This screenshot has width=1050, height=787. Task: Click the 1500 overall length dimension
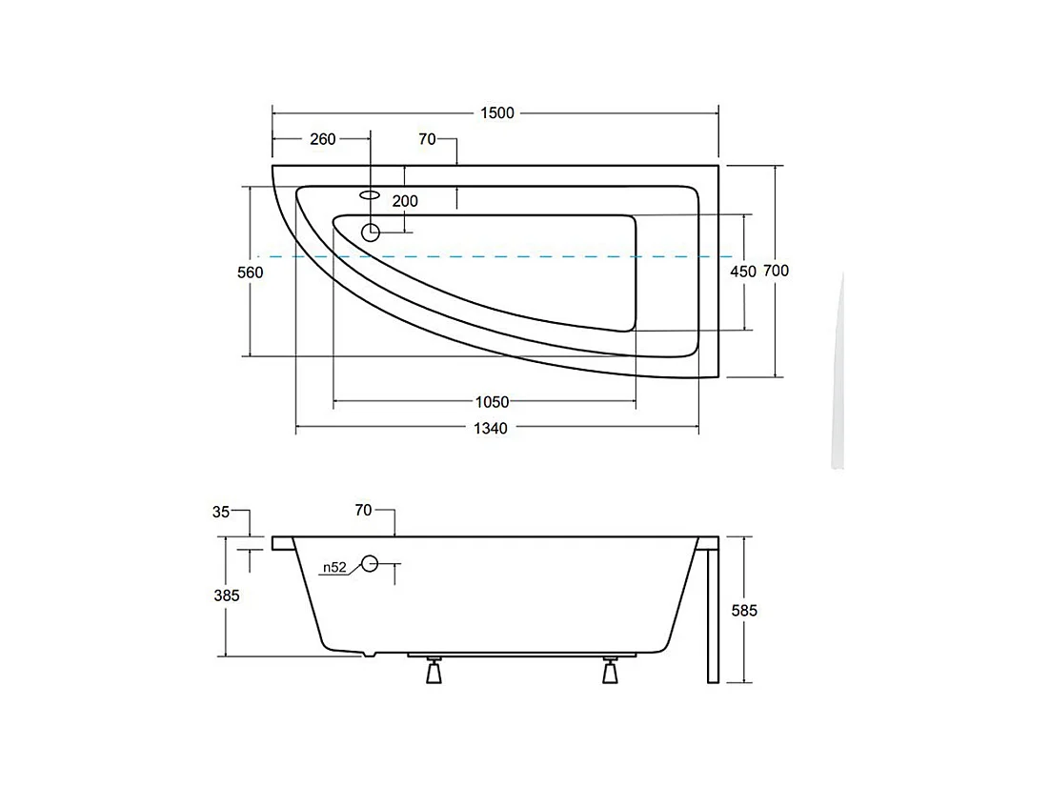[495, 113]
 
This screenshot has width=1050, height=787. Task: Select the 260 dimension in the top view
[323, 139]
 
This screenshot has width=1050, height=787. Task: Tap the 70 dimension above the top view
[427, 139]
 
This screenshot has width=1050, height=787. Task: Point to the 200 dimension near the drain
[405, 201]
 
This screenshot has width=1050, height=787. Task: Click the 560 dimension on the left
[250, 272]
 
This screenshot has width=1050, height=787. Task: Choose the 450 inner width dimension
[743, 272]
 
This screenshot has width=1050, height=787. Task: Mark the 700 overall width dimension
[777, 271]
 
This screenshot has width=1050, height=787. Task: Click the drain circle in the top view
[371, 232]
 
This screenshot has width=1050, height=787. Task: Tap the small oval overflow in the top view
[371, 194]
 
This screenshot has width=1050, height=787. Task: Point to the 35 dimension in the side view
[221, 512]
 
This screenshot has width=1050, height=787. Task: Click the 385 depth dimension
[226, 595]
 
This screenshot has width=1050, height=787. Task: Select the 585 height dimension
[744, 611]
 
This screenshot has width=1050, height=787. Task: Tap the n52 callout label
[333, 567]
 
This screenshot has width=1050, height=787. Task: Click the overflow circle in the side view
[370, 564]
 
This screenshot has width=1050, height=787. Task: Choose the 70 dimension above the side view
[363, 511]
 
